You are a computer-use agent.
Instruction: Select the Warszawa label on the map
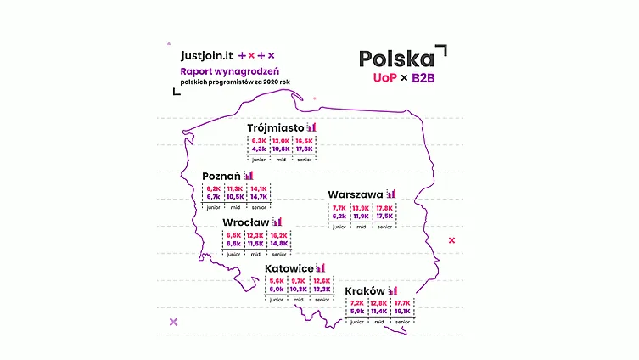356,194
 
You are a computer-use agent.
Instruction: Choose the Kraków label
365,291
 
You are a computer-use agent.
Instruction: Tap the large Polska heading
396,59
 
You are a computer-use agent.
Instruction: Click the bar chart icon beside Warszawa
390,194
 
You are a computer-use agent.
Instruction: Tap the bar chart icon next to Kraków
393,291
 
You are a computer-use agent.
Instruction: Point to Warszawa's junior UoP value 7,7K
339,208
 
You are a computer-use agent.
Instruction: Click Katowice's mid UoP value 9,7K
297,281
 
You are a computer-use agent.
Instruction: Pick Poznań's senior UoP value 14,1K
259,189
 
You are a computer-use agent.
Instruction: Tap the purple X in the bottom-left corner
174,322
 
